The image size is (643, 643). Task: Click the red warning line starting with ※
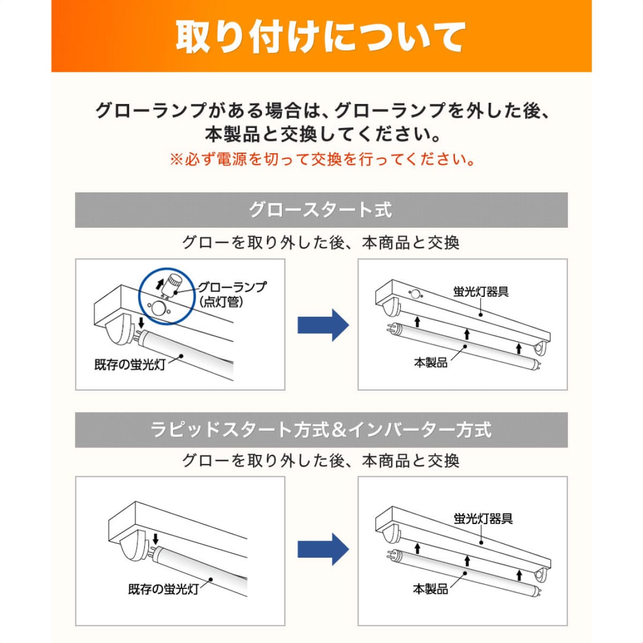322,160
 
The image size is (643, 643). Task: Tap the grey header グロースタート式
320,210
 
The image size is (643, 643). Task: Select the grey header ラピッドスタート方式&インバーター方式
320,430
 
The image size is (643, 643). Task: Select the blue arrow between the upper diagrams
323,325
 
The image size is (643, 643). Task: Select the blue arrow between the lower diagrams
323,549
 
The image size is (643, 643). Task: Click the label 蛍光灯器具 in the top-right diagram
481,292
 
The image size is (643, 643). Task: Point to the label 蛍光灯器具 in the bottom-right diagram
483,519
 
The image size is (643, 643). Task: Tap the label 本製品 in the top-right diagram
430,363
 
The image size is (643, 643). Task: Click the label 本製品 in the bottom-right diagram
430,589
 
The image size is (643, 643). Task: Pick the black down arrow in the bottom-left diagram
155,539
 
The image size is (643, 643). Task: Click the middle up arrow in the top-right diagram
467,334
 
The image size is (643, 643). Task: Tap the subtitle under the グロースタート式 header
320,243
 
